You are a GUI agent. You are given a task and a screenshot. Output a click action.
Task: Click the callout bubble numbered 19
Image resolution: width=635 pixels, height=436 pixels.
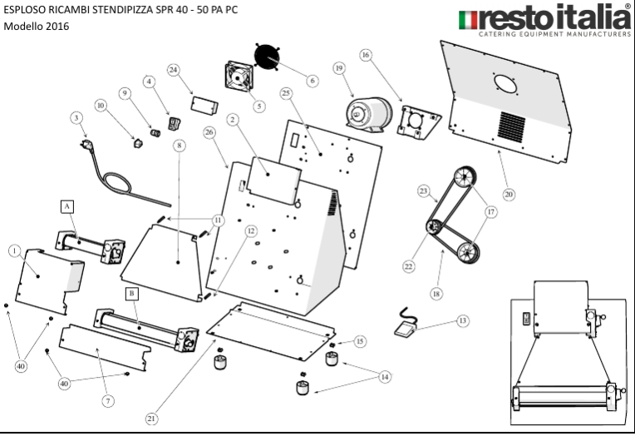pyautogui.click(x=339, y=67)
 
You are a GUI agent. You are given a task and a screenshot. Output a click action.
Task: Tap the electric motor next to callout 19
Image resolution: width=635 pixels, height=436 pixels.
pyautogui.click(x=369, y=112)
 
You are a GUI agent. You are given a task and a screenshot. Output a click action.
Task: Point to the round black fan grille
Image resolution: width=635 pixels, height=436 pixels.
pyautogui.click(x=268, y=56)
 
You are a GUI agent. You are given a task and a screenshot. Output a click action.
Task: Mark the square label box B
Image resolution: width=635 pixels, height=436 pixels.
pyautogui.click(x=132, y=294)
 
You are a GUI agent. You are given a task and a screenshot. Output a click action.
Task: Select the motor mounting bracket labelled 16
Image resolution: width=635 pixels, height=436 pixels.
pyautogui.click(x=419, y=122)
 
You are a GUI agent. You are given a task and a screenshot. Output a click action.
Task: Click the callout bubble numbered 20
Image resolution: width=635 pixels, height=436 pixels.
pyautogui.click(x=509, y=195)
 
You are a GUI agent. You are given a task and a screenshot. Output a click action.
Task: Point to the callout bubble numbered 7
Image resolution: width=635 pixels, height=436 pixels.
pyautogui.click(x=107, y=400)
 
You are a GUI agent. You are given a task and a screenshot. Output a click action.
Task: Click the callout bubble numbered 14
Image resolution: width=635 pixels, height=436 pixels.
pyautogui.click(x=385, y=376)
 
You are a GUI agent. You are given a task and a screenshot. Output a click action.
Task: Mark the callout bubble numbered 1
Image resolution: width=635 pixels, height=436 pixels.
pyautogui.click(x=13, y=250)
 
